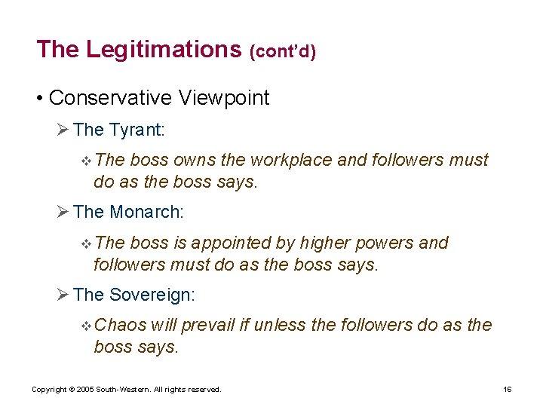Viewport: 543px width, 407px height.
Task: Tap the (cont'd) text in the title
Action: pos(282,51)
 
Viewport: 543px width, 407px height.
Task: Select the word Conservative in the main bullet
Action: pos(110,98)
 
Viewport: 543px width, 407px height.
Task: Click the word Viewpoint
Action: pos(224,98)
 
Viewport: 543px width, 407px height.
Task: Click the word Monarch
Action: pos(146,213)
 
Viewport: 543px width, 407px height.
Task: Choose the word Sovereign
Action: pos(152,295)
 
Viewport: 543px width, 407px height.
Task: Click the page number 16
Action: pos(508,390)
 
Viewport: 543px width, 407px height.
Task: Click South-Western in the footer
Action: pos(121,390)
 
